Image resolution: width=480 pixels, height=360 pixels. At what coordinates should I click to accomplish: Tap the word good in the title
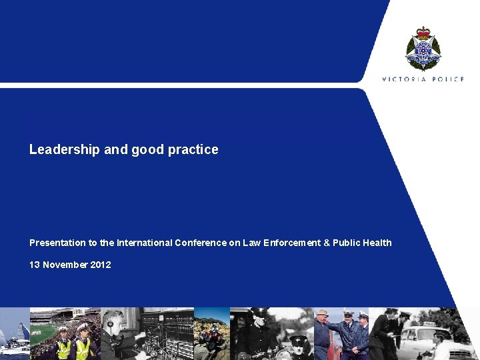click(147, 150)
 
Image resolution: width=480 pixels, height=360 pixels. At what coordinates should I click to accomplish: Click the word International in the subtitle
click(144, 243)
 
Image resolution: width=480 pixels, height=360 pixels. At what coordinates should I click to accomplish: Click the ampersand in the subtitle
click(327, 243)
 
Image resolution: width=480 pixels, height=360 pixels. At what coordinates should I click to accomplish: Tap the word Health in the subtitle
click(377, 243)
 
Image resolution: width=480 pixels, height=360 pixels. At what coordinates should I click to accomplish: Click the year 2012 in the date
click(100, 265)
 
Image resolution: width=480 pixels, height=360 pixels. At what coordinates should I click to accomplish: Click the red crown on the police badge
click(423, 33)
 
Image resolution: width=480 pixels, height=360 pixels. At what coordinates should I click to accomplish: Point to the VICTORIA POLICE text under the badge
click(423, 79)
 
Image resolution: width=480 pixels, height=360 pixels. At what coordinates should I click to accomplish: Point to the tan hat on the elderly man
click(323, 313)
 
